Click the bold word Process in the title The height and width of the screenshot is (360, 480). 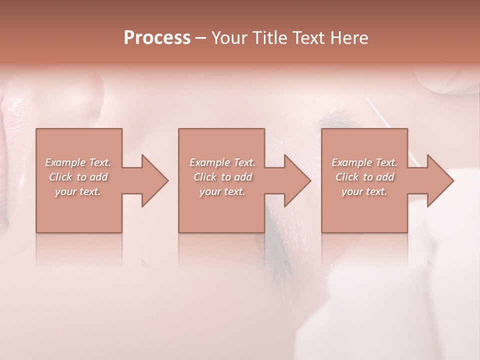(x=157, y=38)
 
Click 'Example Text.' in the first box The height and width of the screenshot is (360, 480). (x=78, y=162)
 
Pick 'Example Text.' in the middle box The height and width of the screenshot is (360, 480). (x=222, y=162)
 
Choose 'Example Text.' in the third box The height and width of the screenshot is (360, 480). (x=364, y=162)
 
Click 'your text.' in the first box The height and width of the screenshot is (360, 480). (x=78, y=191)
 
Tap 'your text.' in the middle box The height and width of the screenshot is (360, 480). (x=222, y=191)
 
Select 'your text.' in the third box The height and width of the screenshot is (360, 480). (x=364, y=191)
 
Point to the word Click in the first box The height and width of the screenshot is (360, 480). (x=61, y=177)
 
